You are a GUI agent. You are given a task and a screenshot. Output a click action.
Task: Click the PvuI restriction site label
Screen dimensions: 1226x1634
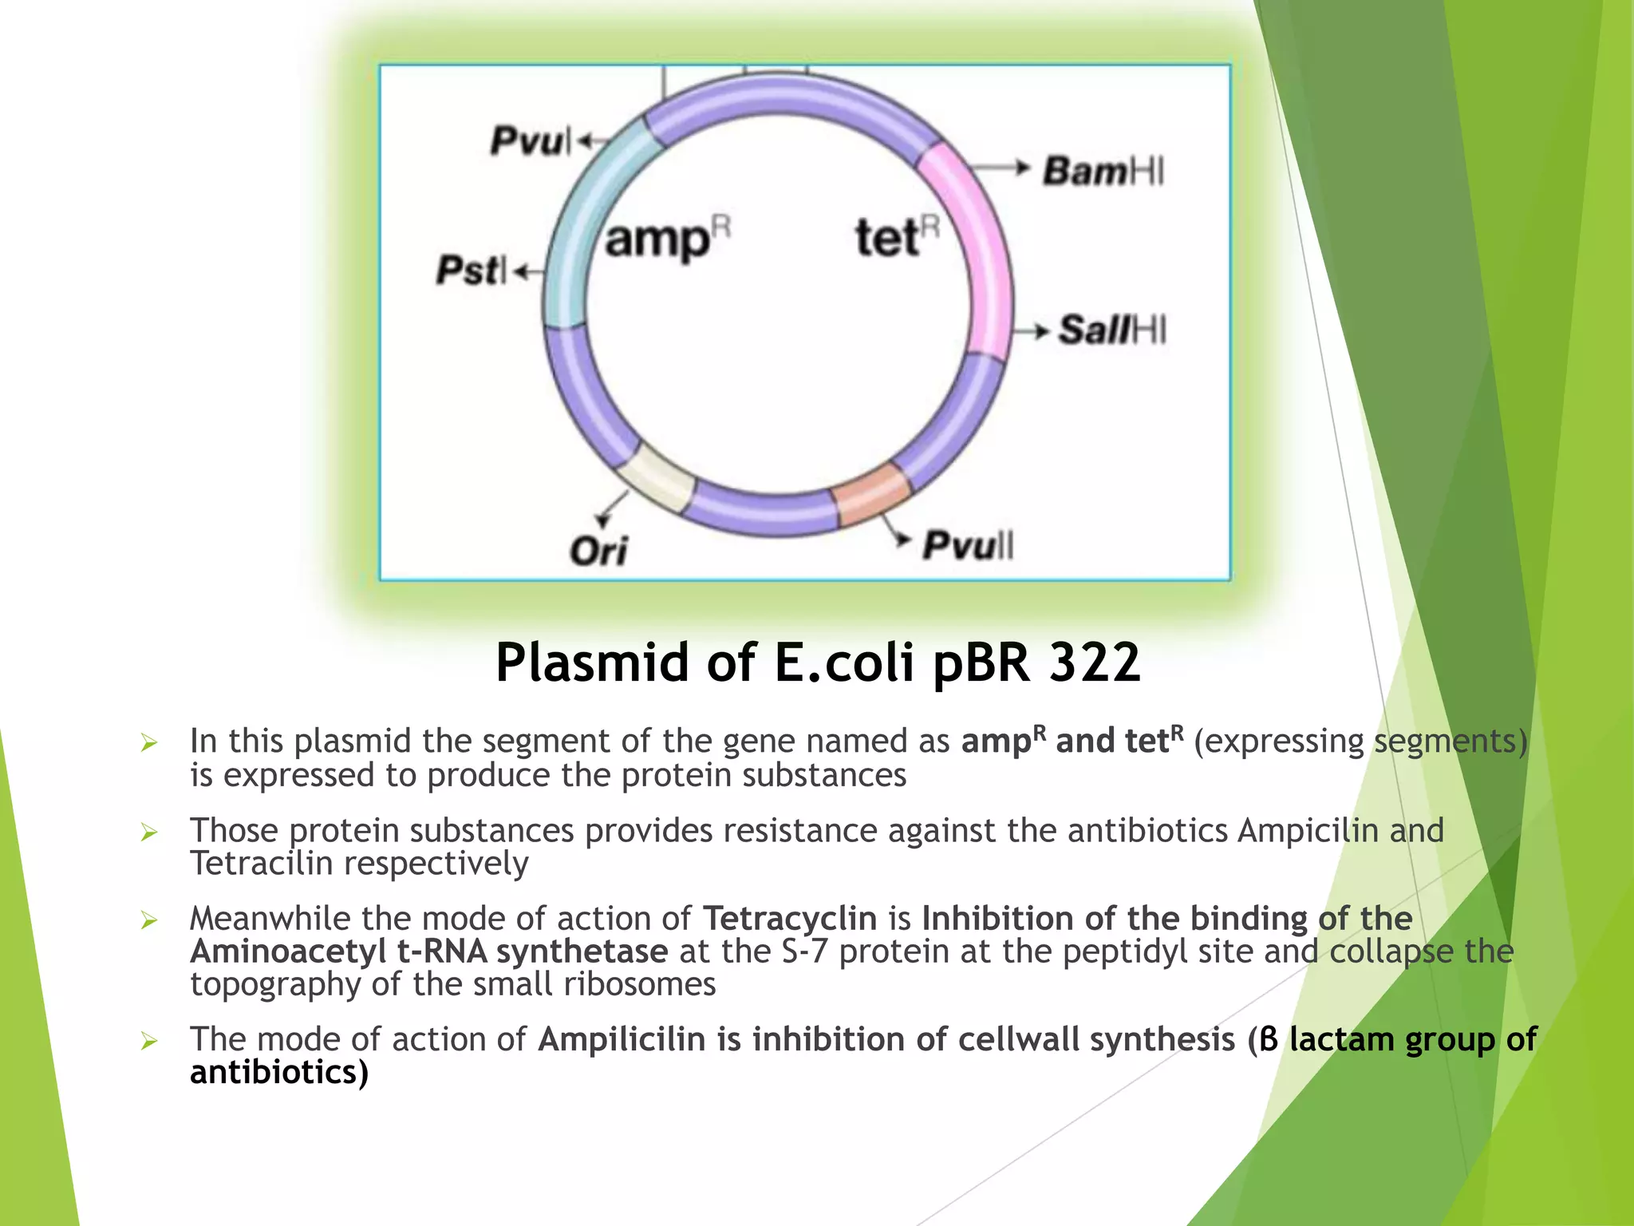[x=530, y=141]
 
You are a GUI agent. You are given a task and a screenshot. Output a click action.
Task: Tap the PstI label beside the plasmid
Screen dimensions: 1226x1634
[x=471, y=270]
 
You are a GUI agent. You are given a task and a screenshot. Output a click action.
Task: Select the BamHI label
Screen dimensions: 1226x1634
[x=1103, y=171]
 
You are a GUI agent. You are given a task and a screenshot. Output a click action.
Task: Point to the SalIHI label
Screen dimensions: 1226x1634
[x=1112, y=330]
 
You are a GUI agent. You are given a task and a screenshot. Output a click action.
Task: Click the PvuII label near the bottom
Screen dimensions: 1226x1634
[x=968, y=546]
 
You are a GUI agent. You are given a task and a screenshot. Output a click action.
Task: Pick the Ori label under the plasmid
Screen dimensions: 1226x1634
[x=598, y=550]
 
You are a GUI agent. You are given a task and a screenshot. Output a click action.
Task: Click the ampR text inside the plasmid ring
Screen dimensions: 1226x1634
[x=667, y=239]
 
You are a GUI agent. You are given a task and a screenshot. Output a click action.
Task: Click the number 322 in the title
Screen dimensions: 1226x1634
[x=1095, y=662]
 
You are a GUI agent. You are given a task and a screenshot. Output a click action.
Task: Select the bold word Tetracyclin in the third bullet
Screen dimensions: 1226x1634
[x=789, y=919]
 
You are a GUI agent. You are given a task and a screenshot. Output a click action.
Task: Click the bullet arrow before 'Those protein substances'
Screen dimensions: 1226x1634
[x=148, y=832]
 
